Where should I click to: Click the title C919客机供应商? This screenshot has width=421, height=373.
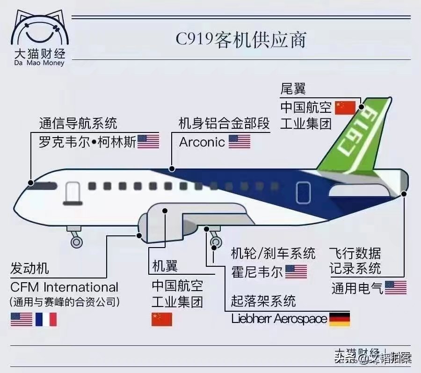(241, 39)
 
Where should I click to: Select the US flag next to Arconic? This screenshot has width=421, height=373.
(240, 141)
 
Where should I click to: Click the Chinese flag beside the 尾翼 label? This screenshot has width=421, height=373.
(346, 108)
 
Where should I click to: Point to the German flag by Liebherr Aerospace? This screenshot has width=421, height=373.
(340, 319)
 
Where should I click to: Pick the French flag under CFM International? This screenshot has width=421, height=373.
(46, 319)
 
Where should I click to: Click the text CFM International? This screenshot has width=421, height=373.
(64, 287)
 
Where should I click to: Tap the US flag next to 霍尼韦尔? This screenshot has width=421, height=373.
(296, 271)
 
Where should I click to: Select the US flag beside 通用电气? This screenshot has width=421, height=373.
(396, 287)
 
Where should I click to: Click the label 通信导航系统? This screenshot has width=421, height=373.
(78, 124)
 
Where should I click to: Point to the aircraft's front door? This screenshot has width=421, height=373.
(73, 193)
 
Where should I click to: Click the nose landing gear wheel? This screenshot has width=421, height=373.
(76, 241)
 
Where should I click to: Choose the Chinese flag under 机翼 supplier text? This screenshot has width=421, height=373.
(162, 319)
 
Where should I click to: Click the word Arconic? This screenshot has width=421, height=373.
(202, 142)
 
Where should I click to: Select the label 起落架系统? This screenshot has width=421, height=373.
(264, 300)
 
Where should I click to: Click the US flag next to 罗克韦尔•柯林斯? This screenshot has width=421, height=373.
(148, 141)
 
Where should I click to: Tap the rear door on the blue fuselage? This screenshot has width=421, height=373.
(303, 192)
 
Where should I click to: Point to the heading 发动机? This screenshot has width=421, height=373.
(29, 268)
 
